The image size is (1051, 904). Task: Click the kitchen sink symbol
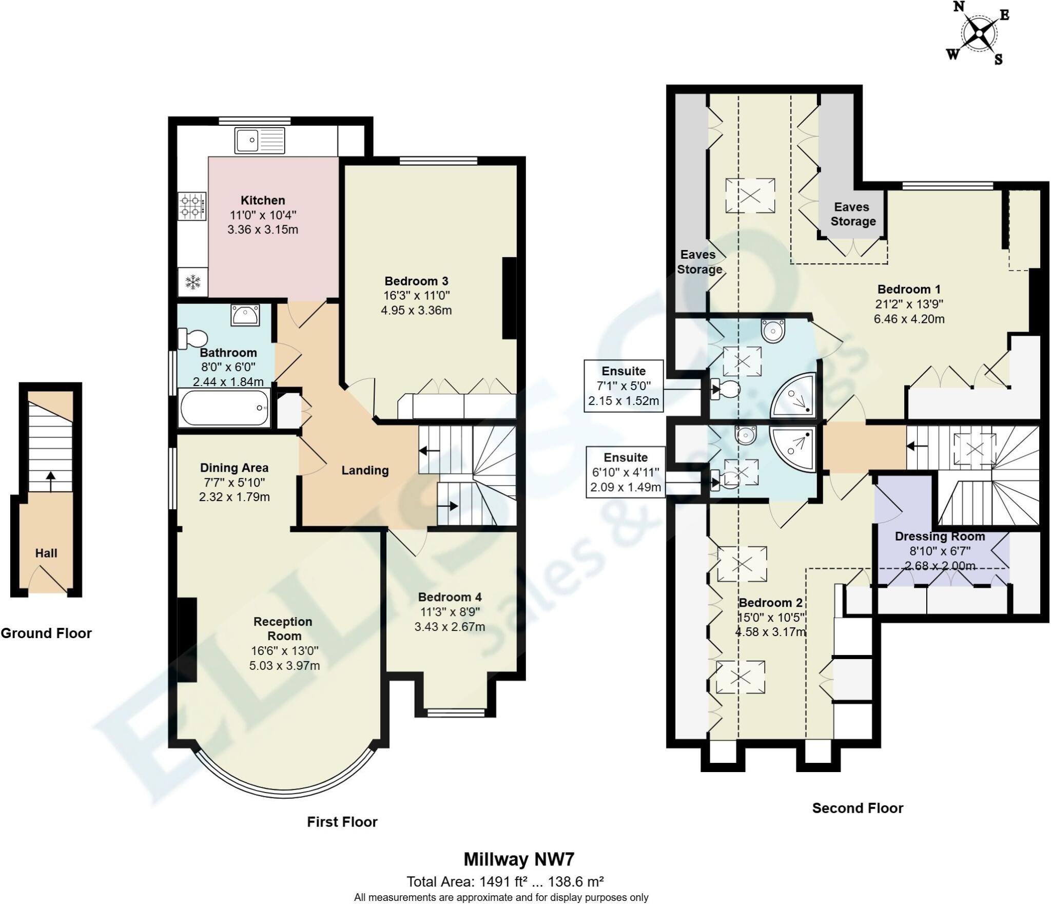coord(260,140)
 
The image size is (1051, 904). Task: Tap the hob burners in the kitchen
coord(192,206)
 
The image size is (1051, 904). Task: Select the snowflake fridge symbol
coord(193,282)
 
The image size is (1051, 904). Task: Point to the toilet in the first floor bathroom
coord(193,338)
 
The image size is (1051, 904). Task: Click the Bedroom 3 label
coord(416,281)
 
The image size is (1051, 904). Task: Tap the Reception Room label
coord(283,628)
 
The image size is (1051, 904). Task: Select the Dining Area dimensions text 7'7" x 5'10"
coord(234,482)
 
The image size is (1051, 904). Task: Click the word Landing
coord(365,470)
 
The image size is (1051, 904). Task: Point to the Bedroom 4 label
coord(450,597)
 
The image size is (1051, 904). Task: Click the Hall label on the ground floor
coord(46,553)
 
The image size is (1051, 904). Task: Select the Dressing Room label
coord(940,536)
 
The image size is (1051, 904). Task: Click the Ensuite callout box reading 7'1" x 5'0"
coord(624,386)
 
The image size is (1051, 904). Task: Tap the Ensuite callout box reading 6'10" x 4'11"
coord(626,472)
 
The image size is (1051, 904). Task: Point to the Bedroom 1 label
coord(909,289)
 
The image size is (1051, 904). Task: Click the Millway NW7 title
coord(519,859)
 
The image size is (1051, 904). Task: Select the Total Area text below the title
coord(505,882)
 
